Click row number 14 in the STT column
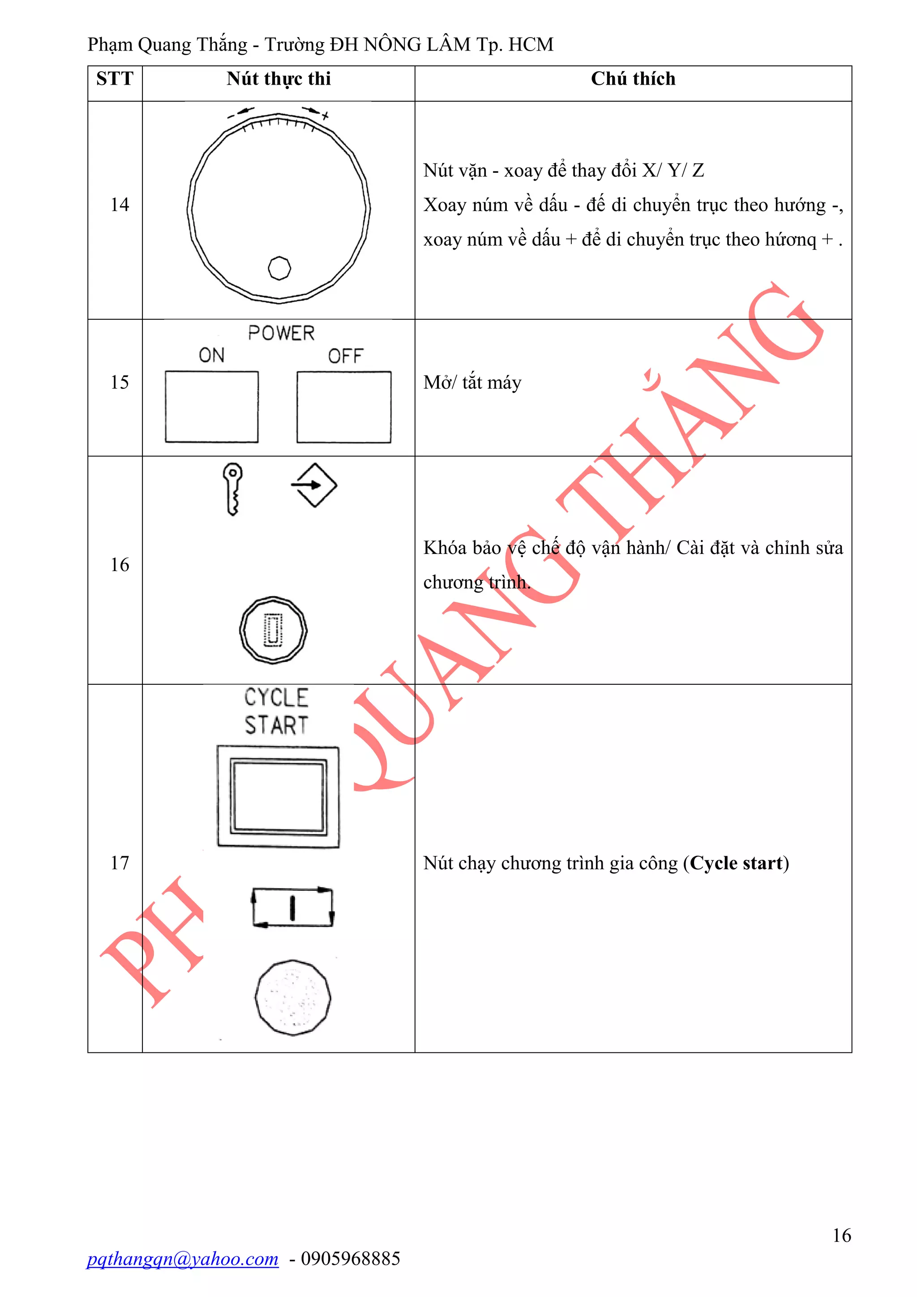tap(120, 205)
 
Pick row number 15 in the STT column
tap(120, 382)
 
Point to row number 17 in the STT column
tap(120, 863)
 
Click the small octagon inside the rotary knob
tap(279, 268)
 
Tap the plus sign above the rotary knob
tap(325, 116)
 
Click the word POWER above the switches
tap(281, 333)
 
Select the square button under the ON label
tap(212, 407)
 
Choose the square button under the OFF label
tap(344, 407)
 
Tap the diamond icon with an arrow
tap(314, 485)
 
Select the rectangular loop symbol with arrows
tap(292, 907)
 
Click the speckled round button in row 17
tap(292, 997)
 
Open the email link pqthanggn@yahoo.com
tap(182, 1258)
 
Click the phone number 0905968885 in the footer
tap(351, 1258)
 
